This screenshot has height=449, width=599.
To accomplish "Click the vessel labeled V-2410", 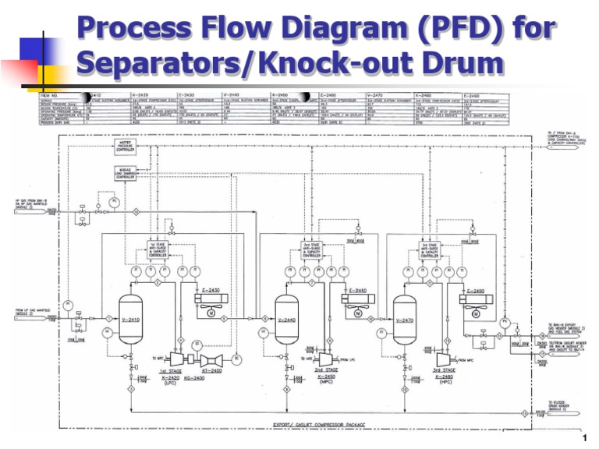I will pyautogui.click(x=130, y=320).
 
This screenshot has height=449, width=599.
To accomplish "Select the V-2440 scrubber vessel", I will pyautogui.click(x=287, y=320).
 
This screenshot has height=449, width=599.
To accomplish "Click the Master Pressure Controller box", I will pyautogui.click(x=125, y=147).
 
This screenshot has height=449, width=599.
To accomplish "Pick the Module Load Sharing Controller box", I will pyautogui.click(x=125, y=175).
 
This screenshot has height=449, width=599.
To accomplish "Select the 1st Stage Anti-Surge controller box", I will pyautogui.click(x=158, y=249).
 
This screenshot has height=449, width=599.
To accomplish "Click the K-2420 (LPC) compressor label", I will pyautogui.click(x=170, y=380).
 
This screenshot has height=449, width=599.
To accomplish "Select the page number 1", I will pyautogui.click(x=583, y=437).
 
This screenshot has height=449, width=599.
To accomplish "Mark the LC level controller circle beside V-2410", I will pyautogui.click(x=107, y=333).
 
